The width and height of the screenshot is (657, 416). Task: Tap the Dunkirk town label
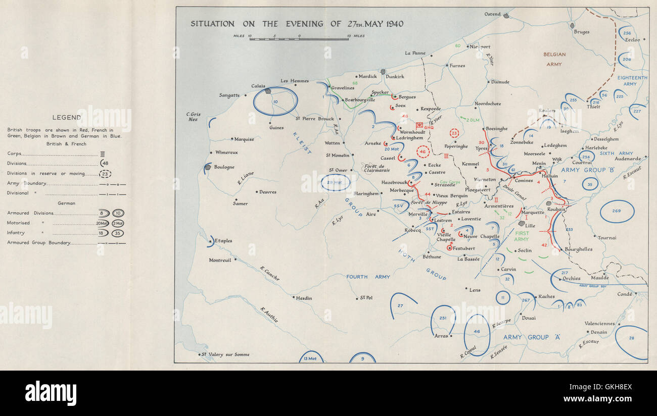point(395,77)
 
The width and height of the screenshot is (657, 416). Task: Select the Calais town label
point(258,86)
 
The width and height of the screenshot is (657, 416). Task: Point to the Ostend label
point(492,14)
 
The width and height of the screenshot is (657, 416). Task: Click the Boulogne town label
point(224,167)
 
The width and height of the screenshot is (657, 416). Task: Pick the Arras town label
point(441,335)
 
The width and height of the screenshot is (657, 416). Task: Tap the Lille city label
point(530,226)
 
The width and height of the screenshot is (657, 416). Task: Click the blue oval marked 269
point(617,211)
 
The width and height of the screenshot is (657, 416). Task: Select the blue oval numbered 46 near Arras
point(477,332)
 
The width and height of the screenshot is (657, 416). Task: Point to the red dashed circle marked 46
point(423,151)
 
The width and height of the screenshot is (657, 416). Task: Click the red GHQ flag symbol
point(419,125)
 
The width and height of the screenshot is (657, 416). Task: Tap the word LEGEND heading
point(67,118)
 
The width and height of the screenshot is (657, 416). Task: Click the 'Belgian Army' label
point(554,59)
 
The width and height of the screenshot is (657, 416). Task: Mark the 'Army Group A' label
point(533,337)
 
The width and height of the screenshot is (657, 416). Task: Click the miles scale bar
point(299,39)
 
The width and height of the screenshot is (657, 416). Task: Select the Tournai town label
point(607,237)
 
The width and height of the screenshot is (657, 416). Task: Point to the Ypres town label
point(481,148)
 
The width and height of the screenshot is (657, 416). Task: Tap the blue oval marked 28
point(632,342)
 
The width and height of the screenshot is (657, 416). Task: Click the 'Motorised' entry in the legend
point(19,223)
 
